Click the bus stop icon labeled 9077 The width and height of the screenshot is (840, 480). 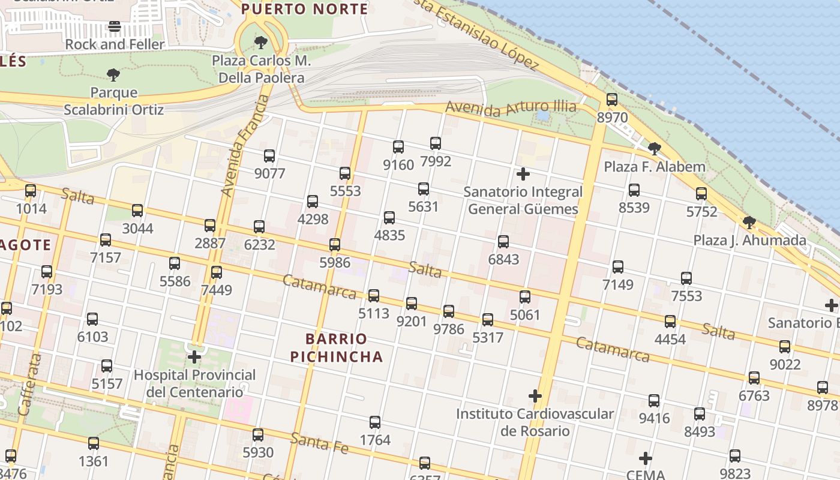coord(269,156)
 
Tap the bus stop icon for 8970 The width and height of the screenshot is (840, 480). coord(612,100)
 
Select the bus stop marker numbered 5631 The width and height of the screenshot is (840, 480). coord(424,189)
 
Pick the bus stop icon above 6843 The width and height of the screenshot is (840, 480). coord(503,242)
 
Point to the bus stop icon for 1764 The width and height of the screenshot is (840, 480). coord(375,422)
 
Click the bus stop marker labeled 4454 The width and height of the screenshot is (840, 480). coord(670,322)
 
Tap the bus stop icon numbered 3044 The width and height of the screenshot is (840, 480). coord(137,211)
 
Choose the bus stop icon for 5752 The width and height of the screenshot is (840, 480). coord(701,194)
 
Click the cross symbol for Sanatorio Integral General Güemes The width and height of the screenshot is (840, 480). coord(523,174)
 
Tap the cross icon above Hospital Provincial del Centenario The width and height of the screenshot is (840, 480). coord(194,357)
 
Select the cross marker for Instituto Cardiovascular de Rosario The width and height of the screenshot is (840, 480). coord(535,396)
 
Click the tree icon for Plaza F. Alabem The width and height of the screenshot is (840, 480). coord(655,148)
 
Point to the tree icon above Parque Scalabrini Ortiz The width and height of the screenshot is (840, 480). coord(113,75)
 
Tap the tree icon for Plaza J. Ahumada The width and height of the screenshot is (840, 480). coord(749,223)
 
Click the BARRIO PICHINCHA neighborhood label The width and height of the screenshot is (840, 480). coord(337,347)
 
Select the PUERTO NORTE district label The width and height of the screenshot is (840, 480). coord(305,9)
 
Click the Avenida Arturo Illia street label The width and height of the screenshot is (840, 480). coord(511,108)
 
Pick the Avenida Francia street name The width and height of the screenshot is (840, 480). coord(245,146)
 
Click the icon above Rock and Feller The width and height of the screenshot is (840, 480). coord(115,26)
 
